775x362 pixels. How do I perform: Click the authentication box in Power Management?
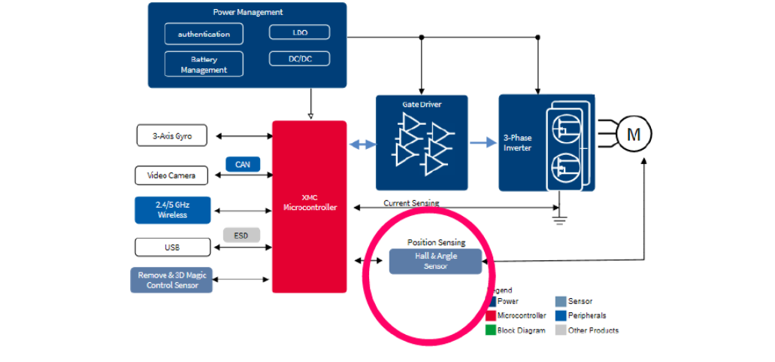(204, 35)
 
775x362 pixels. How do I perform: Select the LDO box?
(299, 32)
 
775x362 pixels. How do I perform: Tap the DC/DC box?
(299, 58)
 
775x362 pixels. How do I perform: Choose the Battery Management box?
(204, 64)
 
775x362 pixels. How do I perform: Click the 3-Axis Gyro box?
(173, 136)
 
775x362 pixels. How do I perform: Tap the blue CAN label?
(242, 163)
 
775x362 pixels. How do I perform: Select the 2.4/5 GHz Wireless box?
(172, 210)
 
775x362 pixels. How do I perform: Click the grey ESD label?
(241, 236)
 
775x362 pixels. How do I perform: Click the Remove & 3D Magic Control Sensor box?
(172, 280)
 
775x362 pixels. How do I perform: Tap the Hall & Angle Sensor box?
(435, 261)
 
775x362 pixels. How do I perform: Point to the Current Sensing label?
(411, 203)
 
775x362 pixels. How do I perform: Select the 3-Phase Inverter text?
(517, 143)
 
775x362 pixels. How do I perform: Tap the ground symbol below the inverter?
(559, 220)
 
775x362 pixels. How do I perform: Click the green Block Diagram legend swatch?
(491, 330)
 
